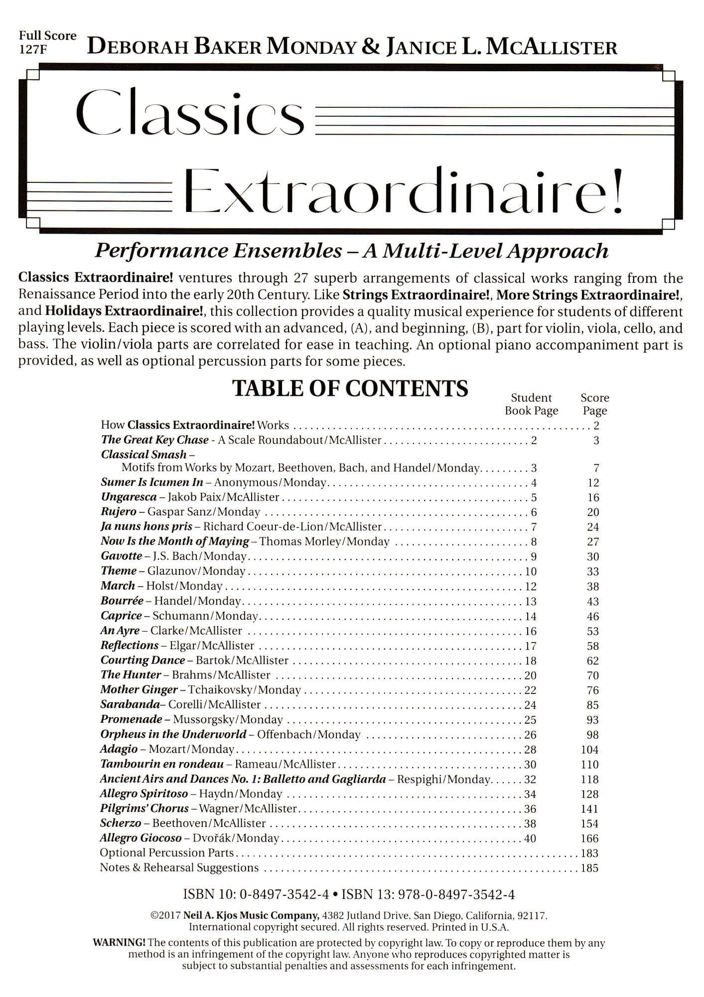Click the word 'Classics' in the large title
click(189, 114)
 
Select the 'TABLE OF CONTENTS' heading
click(350, 389)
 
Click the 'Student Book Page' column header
click(531, 404)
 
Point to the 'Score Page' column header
click(594, 404)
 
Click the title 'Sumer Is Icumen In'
click(152, 483)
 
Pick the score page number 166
click(589, 838)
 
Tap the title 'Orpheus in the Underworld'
click(173, 734)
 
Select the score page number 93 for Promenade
click(592, 720)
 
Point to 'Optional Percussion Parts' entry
click(167, 853)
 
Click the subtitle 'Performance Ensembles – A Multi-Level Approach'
click(352, 251)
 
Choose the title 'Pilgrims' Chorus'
click(144, 809)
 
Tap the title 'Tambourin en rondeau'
click(162, 764)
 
